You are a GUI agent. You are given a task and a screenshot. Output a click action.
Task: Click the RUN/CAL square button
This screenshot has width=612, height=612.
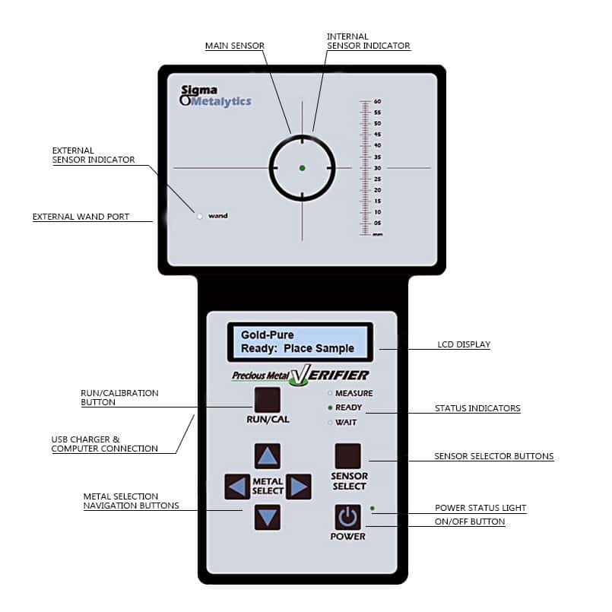(x=268, y=400)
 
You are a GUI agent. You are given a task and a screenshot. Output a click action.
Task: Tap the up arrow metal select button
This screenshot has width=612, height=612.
(x=268, y=456)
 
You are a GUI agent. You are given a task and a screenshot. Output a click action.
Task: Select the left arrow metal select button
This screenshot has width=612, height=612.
(x=237, y=487)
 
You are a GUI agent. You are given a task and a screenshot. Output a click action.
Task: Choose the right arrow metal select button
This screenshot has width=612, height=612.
(x=299, y=487)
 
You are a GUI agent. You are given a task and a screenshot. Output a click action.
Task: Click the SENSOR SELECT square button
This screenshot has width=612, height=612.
(x=347, y=456)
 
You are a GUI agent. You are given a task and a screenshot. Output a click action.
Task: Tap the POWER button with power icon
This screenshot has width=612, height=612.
(x=347, y=518)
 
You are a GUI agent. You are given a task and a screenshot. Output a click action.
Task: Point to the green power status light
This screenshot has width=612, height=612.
(x=373, y=508)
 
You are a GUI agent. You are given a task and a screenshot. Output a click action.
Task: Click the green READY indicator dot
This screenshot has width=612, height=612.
(x=330, y=407)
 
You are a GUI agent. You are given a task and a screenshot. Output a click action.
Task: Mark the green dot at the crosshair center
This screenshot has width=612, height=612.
(x=302, y=168)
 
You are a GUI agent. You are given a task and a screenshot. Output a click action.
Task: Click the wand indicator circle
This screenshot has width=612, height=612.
(x=200, y=216)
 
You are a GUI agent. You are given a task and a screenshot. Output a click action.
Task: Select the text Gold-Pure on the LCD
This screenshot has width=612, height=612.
(x=268, y=335)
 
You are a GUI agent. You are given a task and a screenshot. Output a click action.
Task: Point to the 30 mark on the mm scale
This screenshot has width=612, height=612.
(x=377, y=168)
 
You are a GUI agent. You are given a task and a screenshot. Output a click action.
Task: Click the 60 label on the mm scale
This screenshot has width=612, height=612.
(x=377, y=101)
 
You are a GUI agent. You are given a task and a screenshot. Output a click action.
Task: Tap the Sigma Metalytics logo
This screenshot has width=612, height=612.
(x=215, y=96)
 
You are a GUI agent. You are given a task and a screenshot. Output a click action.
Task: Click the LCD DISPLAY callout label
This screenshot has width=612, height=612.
(x=464, y=344)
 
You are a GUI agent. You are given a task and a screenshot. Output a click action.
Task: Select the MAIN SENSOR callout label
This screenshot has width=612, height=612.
(x=235, y=46)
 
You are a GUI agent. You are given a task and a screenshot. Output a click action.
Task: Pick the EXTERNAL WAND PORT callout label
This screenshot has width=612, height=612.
(x=81, y=217)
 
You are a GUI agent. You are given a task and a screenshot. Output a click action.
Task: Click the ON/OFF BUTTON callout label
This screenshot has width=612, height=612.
(x=470, y=522)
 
